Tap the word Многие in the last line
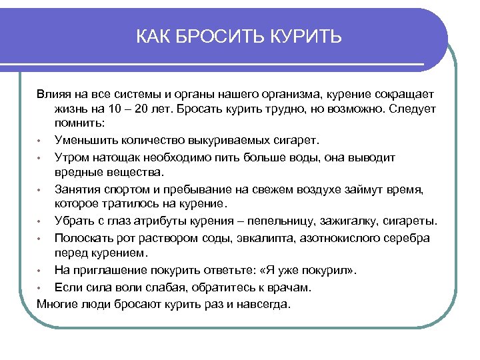click(x=58, y=303)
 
